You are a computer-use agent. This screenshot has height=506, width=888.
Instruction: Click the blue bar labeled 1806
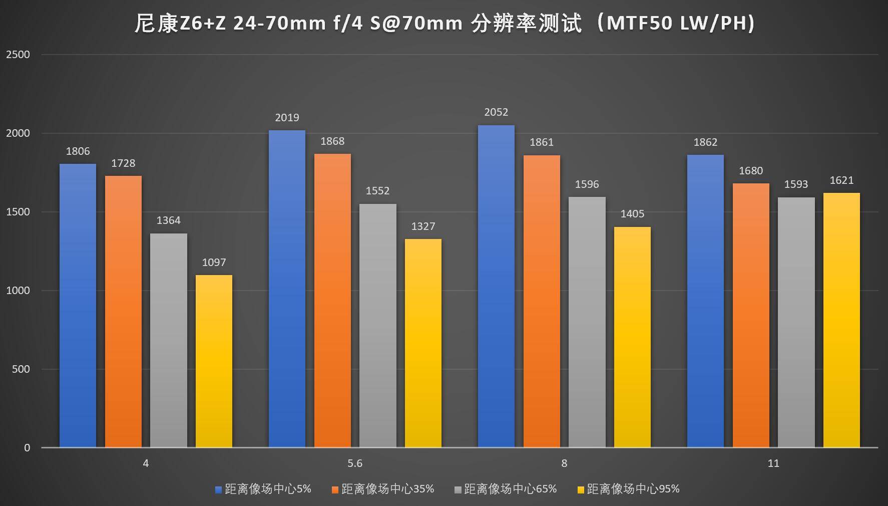coord(78,306)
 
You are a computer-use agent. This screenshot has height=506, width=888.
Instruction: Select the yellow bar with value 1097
coord(214,361)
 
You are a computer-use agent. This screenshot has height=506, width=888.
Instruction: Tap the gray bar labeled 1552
coord(377,326)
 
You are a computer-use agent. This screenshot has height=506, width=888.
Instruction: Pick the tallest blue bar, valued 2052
coord(496,286)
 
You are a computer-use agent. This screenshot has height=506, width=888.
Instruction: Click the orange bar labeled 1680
coord(751,315)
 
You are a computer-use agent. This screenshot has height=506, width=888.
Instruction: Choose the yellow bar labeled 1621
coord(841,320)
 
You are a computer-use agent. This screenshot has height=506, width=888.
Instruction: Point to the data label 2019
coord(287,118)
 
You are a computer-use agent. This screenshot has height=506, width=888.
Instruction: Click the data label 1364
coord(168,220)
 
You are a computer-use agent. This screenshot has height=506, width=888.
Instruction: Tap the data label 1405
coord(632,214)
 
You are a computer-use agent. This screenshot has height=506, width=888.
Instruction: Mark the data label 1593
coord(796,184)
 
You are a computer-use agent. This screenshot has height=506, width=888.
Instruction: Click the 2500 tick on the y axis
coord(18,55)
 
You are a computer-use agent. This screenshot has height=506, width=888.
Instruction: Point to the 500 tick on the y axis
coord(21,369)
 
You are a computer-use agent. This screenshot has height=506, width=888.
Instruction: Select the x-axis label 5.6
coord(355,463)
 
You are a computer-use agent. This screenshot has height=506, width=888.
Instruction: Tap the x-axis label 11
coord(773,463)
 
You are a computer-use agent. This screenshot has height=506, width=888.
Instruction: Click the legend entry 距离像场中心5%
coord(268,489)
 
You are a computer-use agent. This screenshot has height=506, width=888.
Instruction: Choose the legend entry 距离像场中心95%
coord(633,489)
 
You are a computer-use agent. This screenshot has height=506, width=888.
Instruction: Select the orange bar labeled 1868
coord(332,301)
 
